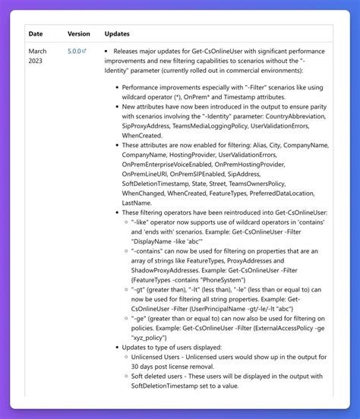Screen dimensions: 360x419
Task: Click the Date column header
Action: point(36,33)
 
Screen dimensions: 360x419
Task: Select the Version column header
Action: point(78,33)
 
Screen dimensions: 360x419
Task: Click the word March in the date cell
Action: point(38,52)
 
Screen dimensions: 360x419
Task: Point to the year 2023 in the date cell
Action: point(37,62)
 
